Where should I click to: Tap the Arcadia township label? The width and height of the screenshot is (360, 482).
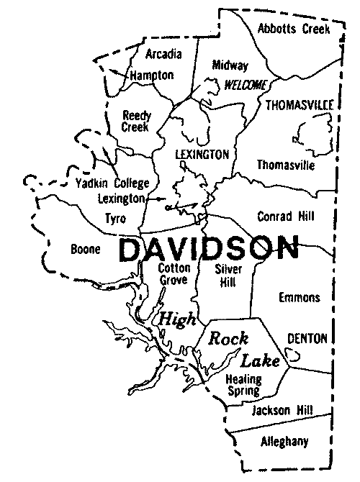(163, 54)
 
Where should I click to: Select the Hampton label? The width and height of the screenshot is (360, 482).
(152, 75)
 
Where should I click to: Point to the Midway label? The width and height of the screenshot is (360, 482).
(230, 65)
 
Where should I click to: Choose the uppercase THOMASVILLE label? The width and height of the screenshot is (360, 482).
(300, 105)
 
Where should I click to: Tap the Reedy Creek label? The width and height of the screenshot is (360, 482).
(136, 121)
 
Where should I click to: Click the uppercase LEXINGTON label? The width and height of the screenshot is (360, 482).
(202, 155)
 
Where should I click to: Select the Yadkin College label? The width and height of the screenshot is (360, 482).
(112, 183)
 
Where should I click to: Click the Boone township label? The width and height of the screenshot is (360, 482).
(84, 250)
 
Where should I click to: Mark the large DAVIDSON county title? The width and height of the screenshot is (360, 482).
(208, 250)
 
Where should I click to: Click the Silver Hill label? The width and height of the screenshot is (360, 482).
(230, 275)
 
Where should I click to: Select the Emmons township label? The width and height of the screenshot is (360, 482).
(300, 297)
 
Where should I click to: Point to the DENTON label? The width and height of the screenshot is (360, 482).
(307, 338)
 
